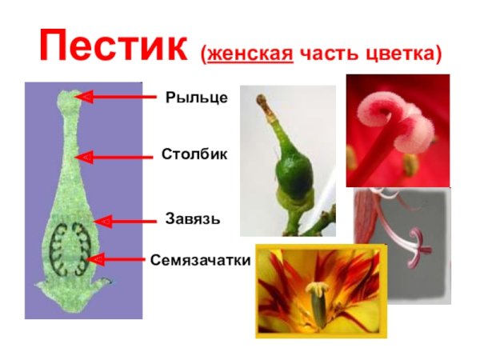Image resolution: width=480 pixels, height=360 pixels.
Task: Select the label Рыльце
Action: click(197, 98)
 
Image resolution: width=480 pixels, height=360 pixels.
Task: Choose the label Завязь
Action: click(192, 218)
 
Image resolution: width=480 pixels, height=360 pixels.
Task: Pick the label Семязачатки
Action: click(200, 260)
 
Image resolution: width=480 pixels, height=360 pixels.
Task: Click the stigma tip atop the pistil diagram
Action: click(67, 98)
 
